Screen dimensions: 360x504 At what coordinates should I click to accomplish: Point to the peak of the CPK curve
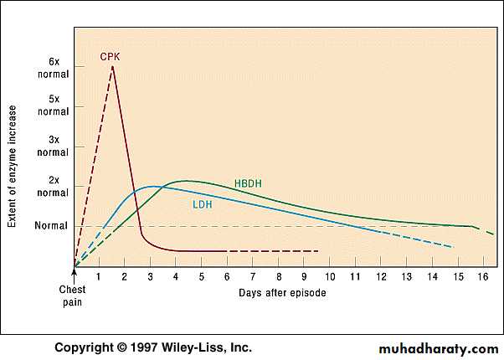point(112,67)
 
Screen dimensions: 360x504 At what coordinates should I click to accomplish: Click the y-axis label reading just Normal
point(49,226)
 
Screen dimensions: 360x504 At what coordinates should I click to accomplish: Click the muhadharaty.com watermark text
point(439,347)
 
